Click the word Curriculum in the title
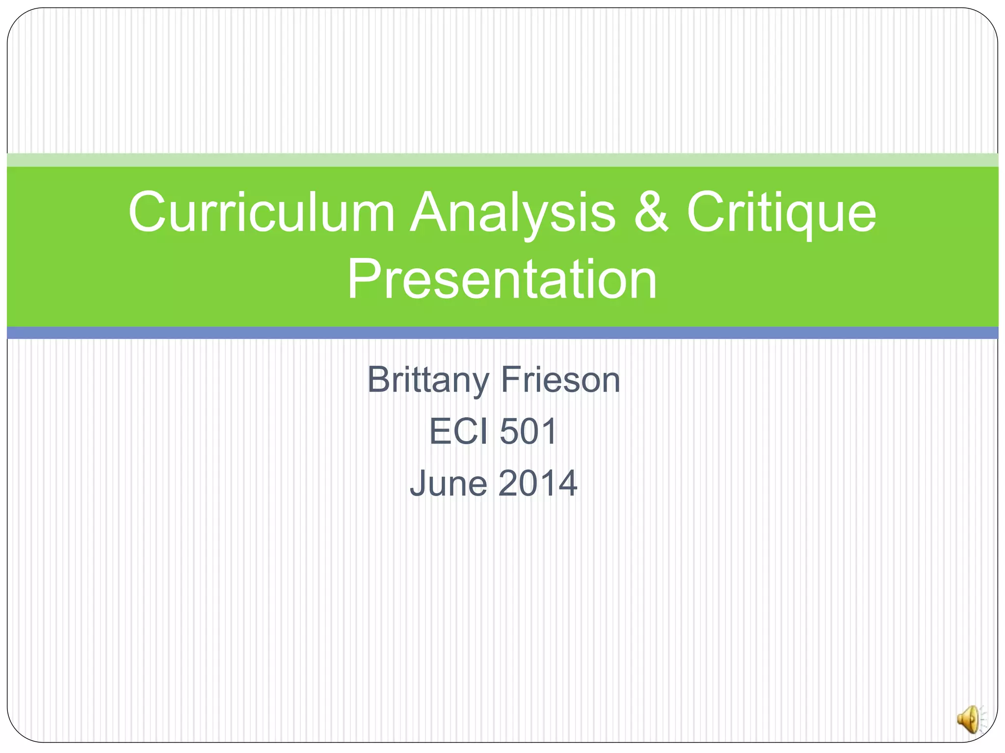click(262, 212)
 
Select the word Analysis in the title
click(512, 212)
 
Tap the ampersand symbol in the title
click(651, 212)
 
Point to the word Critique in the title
click(781, 212)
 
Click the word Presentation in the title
click(502, 279)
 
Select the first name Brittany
click(428, 380)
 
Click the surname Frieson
click(560, 380)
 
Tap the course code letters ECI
click(458, 431)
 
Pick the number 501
click(528, 431)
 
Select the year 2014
click(538, 483)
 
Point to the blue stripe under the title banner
click(502, 333)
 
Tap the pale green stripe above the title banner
click(502, 160)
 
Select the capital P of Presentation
click(363, 279)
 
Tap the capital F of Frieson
click(510, 380)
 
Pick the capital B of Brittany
click(379, 380)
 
